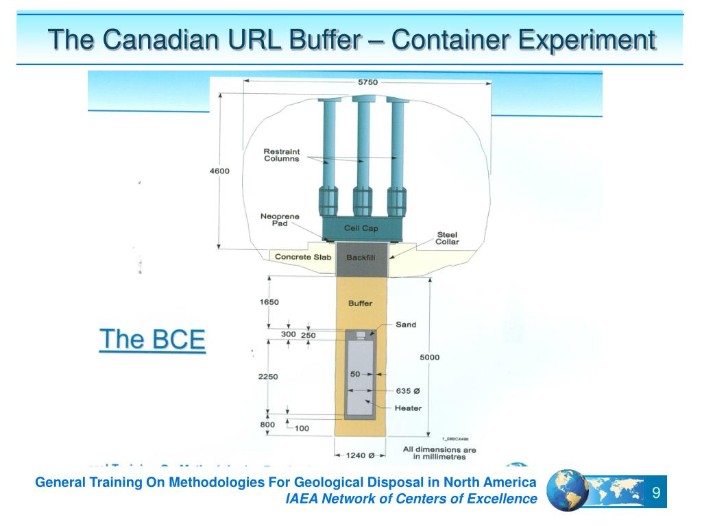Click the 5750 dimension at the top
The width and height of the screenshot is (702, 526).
point(367,82)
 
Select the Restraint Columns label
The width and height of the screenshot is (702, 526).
point(281,155)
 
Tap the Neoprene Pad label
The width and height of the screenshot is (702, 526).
point(280,220)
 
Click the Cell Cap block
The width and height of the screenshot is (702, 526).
point(361,229)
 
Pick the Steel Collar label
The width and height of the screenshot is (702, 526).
point(448,238)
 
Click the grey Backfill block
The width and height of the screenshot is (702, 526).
point(361,258)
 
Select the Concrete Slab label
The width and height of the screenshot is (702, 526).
point(303,258)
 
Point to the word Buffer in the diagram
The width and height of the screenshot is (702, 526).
point(361,303)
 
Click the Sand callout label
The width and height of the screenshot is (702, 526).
point(406,325)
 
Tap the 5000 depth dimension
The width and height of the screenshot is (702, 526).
point(430,357)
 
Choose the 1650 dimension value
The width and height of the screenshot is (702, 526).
point(269,302)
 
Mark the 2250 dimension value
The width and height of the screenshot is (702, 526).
point(269,376)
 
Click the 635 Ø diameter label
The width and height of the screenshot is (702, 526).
point(408,391)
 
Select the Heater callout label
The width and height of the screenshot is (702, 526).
point(408,408)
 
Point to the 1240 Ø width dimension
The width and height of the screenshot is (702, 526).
point(361,455)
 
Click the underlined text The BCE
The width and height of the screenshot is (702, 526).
point(152,340)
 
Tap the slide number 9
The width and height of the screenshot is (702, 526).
point(656,493)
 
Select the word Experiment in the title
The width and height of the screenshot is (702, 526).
point(587,39)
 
